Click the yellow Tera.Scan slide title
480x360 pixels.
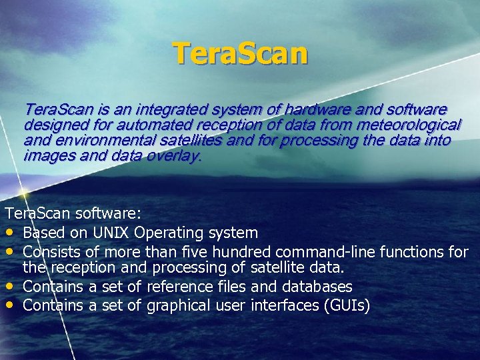tap(240, 54)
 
